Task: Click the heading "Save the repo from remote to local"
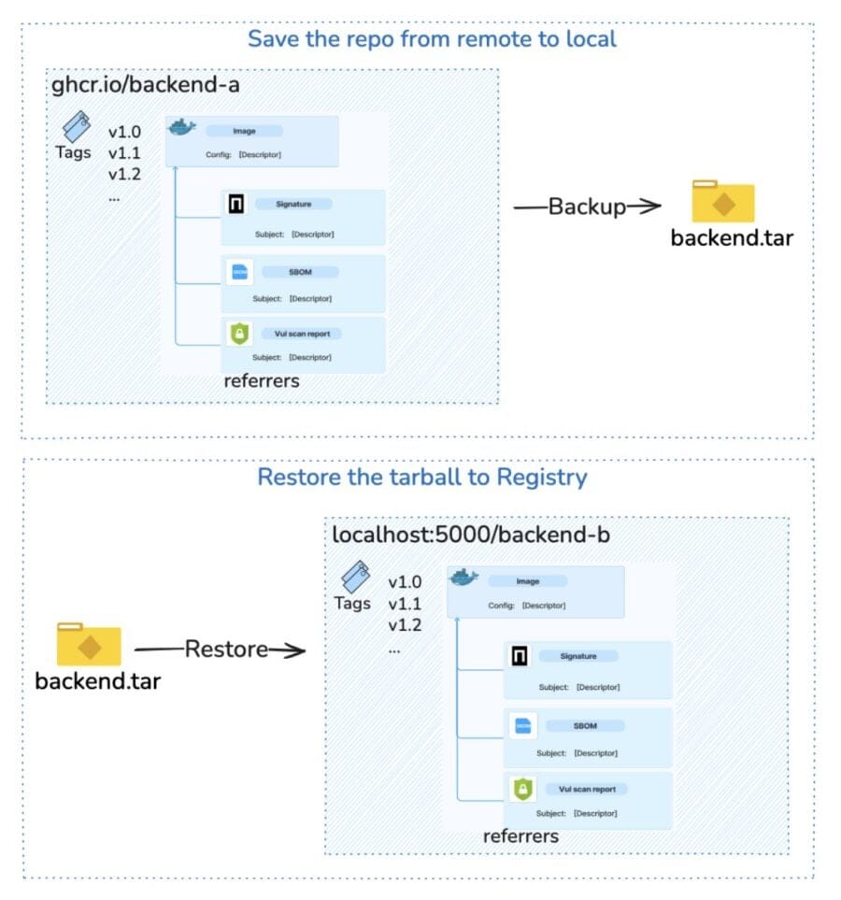click(x=432, y=39)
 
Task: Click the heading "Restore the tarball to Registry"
click(x=421, y=477)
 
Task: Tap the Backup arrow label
click(x=587, y=207)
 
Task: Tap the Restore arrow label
click(x=226, y=649)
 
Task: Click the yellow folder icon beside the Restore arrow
click(x=89, y=645)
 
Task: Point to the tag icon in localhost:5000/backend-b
click(x=355, y=575)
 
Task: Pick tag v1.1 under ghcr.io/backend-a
click(x=124, y=153)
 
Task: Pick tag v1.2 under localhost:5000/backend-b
click(x=405, y=625)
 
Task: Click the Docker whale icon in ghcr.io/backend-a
click(x=182, y=128)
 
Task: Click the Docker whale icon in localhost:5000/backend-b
click(x=463, y=577)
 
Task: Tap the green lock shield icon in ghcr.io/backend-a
click(x=237, y=333)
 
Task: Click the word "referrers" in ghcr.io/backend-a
click(x=262, y=381)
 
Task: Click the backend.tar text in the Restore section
click(x=97, y=680)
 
